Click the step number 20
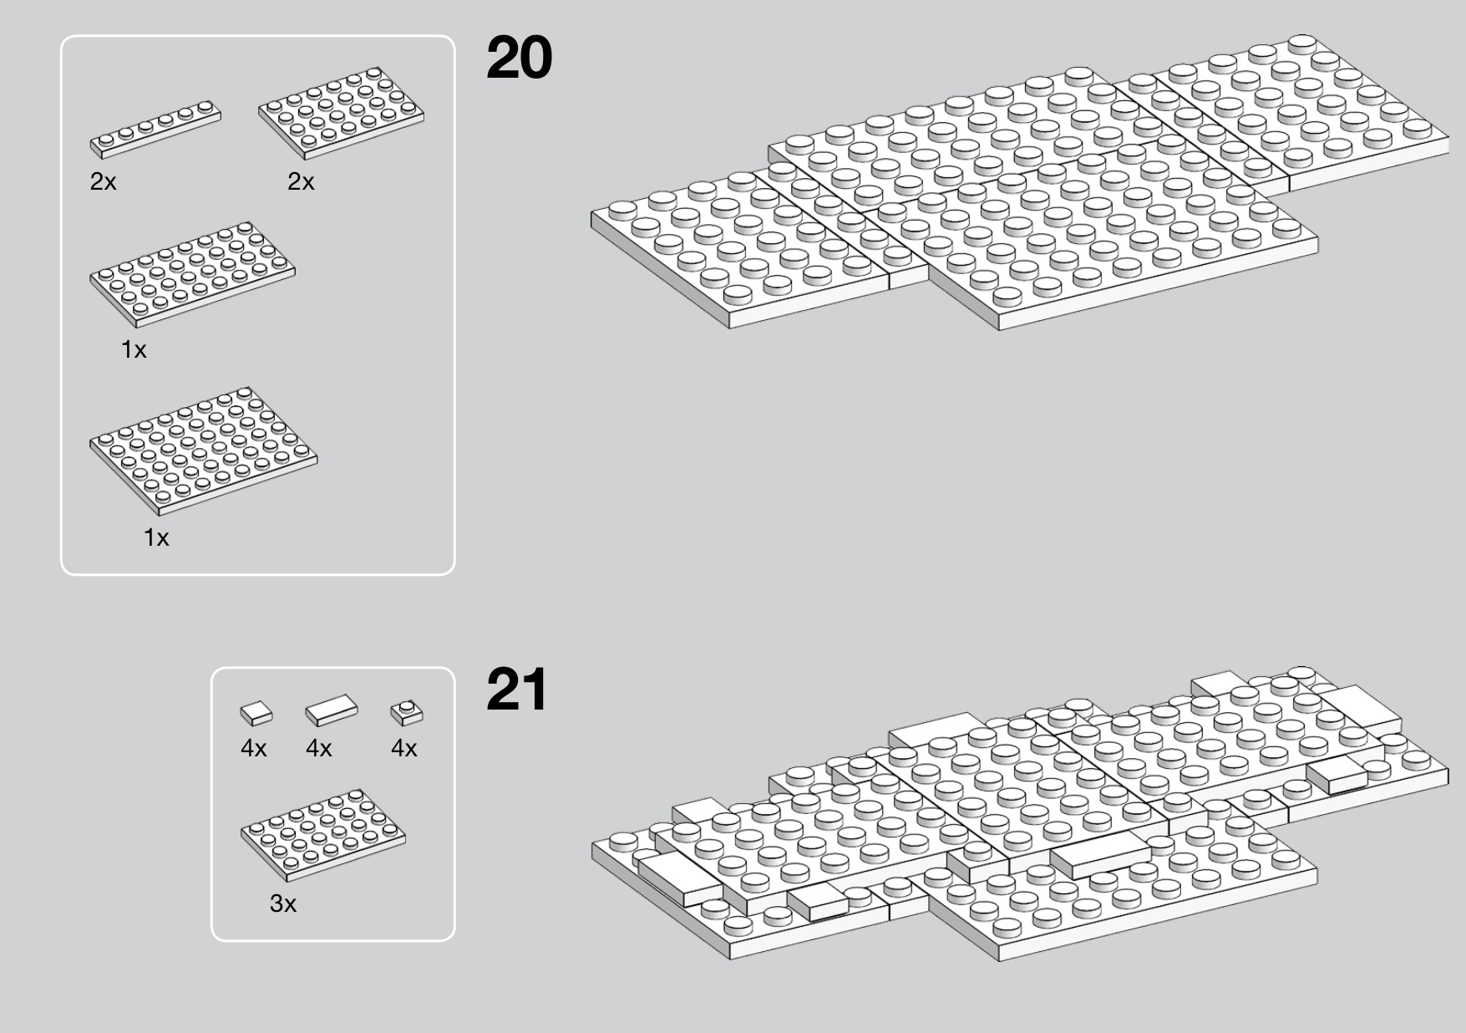point(519,58)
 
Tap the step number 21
point(516,690)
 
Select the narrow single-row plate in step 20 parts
point(155,130)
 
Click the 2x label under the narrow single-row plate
point(104,181)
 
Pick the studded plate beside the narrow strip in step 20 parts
point(341,113)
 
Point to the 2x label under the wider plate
point(301,181)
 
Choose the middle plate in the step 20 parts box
point(192,274)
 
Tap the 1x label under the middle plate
point(134,349)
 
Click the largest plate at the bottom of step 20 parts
point(203,450)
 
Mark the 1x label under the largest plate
point(156,537)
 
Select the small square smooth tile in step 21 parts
point(256,713)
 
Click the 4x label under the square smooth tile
point(254,748)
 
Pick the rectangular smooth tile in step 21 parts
point(331,710)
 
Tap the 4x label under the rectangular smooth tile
point(319,748)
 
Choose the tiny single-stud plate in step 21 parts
point(407,712)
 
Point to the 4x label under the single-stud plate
point(404,748)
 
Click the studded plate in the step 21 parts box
point(323,834)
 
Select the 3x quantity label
point(283,903)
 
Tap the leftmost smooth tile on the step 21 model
point(681,877)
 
